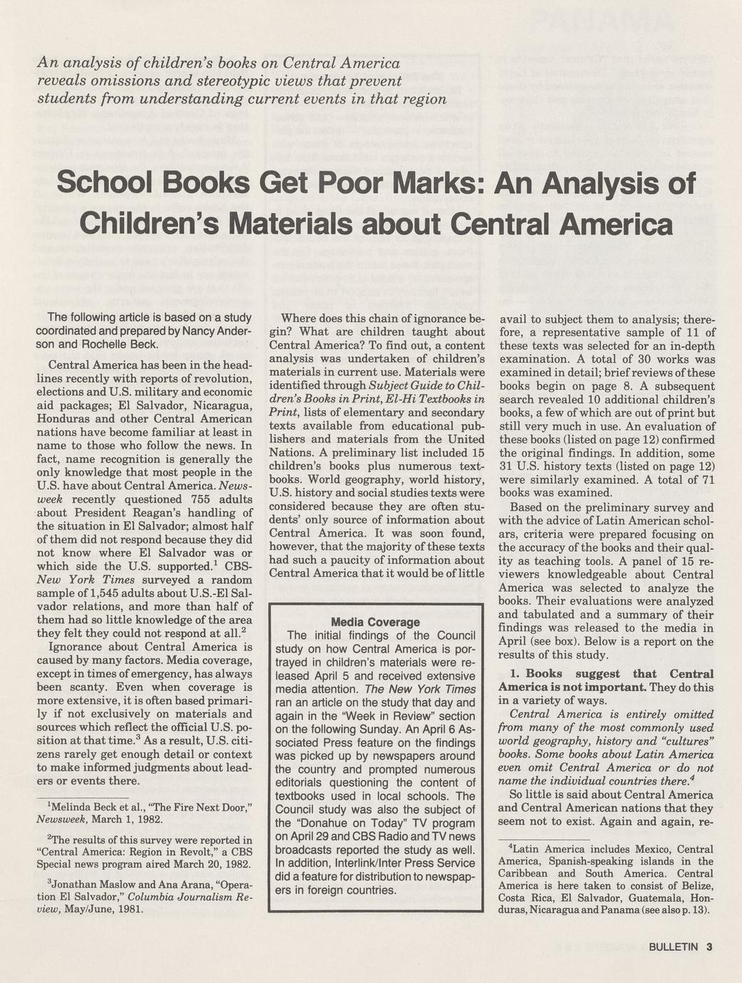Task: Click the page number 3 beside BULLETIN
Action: coord(710,947)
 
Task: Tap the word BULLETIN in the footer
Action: coord(674,947)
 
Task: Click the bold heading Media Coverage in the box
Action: coord(376,622)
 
